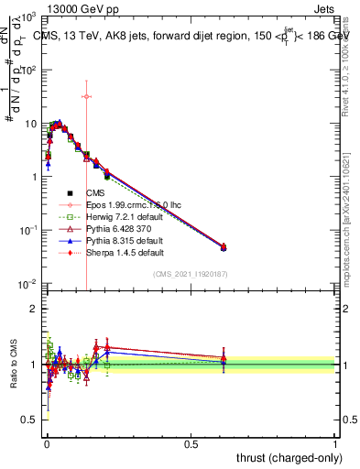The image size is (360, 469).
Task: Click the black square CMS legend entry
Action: point(94,192)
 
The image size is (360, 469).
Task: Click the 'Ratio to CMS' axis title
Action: point(12,365)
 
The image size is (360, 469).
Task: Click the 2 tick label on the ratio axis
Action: point(33,309)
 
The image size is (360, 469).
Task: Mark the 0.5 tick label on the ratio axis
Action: point(29,420)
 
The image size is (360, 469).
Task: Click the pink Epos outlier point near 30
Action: point(86,96)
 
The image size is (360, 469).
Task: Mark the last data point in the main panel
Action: point(224,247)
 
